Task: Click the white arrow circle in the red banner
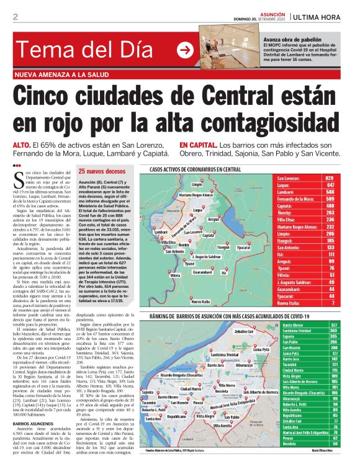pyautogui.click(x=185, y=50)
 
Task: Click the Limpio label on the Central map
pyautogui.click(x=197, y=185)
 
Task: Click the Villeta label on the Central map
pyautogui.click(x=176, y=274)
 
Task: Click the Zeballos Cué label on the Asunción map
pyautogui.click(x=243, y=331)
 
